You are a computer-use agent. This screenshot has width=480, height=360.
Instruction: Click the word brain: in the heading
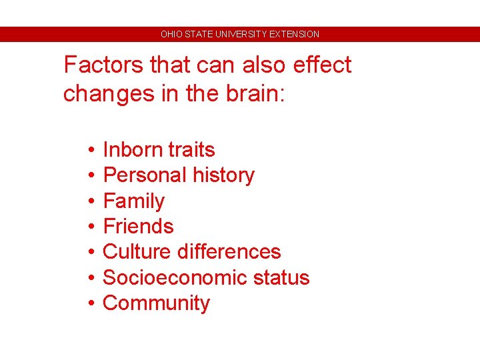253,93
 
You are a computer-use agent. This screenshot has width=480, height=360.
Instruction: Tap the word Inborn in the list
130,149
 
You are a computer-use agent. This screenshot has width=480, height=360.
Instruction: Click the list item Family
133,201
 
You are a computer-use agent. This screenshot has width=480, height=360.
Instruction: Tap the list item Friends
138,226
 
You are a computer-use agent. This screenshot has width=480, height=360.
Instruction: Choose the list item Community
156,303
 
